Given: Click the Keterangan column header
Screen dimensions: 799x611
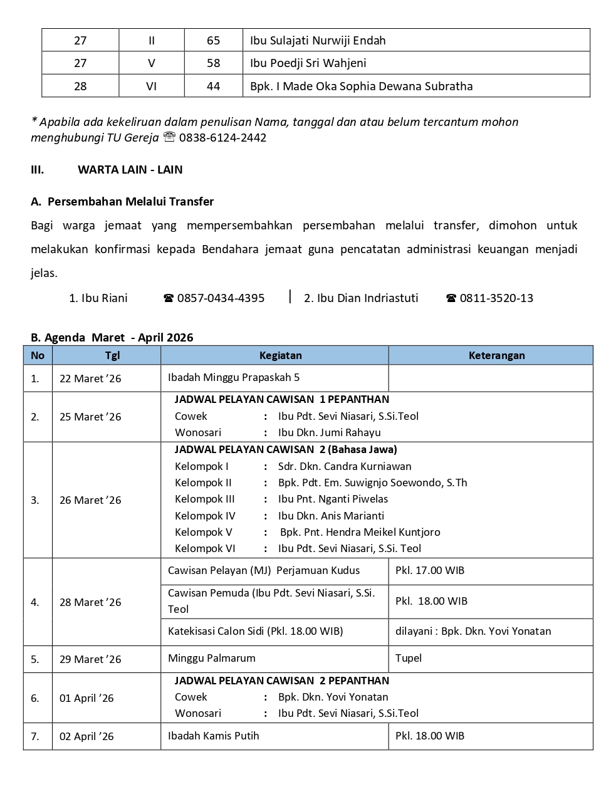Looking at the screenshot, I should (496, 355).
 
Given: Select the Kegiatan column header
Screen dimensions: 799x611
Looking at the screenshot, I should (280, 355).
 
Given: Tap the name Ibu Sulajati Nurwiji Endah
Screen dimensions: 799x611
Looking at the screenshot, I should (318, 41).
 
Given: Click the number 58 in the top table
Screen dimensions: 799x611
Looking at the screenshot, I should (213, 63).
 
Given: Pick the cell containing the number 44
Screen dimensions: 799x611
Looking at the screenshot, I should (213, 86).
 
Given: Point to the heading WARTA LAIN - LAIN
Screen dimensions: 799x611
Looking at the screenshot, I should (130, 170).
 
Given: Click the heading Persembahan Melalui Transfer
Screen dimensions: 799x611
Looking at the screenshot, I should (130, 202).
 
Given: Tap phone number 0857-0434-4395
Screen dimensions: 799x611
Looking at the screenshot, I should (221, 298).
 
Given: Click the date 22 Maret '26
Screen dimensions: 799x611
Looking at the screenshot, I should (90, 379).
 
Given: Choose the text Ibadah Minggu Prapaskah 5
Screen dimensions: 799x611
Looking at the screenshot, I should (234, 377).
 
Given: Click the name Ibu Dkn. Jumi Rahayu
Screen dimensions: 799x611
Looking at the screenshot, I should (330, 432).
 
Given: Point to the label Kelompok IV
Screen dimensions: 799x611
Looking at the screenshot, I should (205, 516).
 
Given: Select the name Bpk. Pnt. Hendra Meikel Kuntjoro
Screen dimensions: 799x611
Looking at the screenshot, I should (360, 532).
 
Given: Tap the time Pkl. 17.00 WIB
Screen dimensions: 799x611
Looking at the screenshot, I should (430, 570).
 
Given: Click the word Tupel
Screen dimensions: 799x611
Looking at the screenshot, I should (409, 658).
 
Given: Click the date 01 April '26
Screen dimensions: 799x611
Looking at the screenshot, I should (86, 698).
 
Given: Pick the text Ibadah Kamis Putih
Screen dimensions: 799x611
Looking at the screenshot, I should (214, 736).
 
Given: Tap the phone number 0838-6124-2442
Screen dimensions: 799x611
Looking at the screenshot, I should (222, 138).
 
